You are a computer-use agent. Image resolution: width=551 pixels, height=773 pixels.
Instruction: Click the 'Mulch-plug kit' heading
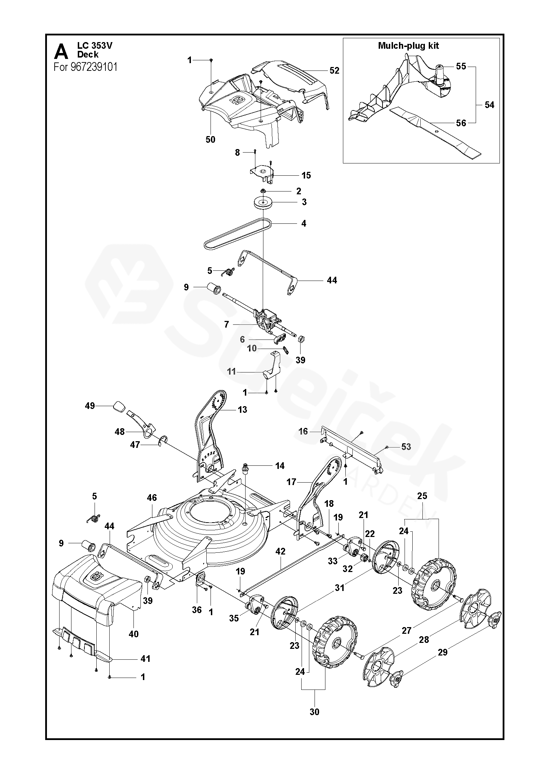408,46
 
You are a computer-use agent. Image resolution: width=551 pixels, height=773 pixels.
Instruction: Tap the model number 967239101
94,67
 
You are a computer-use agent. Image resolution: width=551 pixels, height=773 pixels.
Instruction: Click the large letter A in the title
61,52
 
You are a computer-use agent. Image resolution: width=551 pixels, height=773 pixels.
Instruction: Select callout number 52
334,70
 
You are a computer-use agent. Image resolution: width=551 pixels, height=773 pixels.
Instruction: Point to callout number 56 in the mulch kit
461,123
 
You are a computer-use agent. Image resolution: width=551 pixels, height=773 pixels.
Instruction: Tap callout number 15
306,175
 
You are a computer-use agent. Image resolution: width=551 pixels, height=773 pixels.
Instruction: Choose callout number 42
280,551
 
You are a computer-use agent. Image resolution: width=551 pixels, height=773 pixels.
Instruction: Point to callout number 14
280,466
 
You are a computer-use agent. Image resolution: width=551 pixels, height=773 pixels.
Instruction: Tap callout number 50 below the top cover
210,140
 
